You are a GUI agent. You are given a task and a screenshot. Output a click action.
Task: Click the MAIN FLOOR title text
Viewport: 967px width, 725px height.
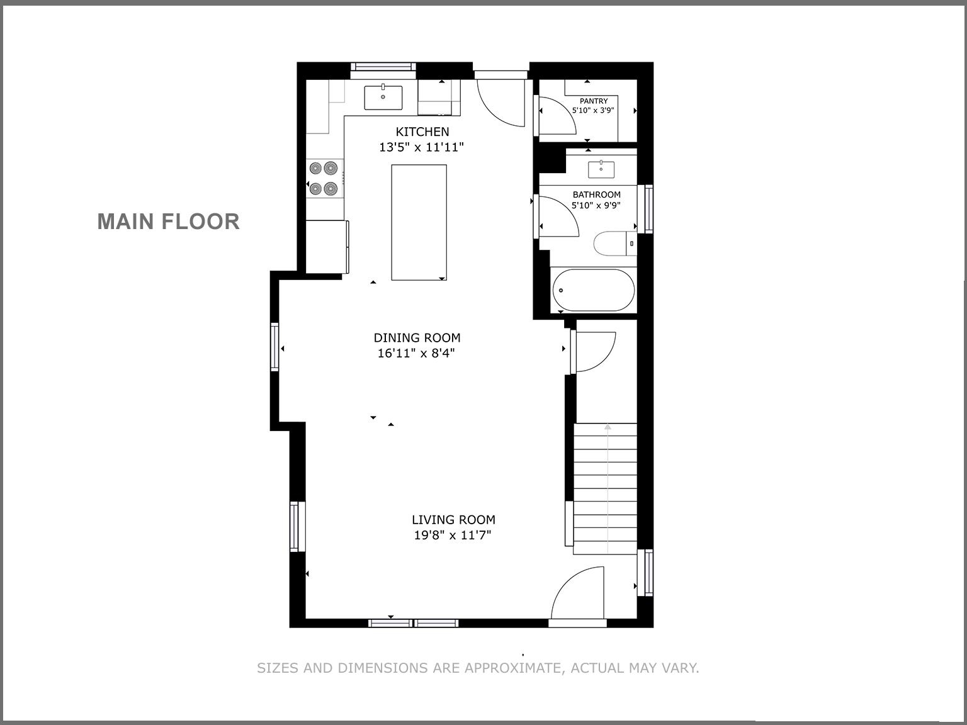(x=168, y=222)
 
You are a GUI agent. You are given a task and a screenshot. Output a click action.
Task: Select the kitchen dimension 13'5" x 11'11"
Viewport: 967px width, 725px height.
(x=421, y=147)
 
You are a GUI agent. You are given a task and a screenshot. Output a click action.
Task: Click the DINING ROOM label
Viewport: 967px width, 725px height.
(x=417, y=338)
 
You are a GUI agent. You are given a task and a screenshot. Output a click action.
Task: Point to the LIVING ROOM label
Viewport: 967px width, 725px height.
(x=453, y=520)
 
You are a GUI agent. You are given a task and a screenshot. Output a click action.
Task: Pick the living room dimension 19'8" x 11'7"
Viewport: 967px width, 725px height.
(x=452, y=536)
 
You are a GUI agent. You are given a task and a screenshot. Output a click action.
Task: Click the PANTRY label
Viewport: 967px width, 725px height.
(x=594, y=101)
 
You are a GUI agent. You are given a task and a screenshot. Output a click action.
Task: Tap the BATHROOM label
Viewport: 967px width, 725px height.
(x=596, y=194)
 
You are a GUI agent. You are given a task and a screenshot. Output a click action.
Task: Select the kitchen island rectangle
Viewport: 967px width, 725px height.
(x=419, y=222)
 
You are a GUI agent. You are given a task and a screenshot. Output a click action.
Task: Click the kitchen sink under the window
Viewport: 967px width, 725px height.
(x=383, y=97)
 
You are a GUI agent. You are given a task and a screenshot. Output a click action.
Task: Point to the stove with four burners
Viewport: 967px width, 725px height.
(x=324, y=178)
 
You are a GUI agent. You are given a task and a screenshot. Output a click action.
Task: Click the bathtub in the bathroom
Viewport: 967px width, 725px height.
(x=593, y=291)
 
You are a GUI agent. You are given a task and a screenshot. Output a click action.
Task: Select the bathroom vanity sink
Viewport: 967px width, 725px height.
(x=601, y=169)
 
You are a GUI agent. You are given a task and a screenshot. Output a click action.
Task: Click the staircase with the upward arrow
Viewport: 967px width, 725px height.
(x=605, y=488)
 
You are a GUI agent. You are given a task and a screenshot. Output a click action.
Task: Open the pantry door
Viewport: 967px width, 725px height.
(x=557, y=116)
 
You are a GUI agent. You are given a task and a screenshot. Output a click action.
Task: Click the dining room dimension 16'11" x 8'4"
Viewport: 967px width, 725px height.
(x=416, y=354)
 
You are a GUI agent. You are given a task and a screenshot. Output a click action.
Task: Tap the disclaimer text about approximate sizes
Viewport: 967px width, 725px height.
(x=478, y=668)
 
